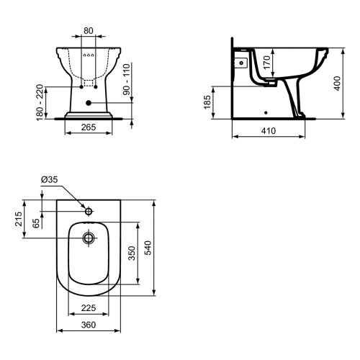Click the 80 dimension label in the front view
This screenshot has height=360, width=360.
tap(88, 31)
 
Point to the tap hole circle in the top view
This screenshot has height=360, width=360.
tap(89, 212)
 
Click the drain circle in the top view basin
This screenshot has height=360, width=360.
tap(89, 237)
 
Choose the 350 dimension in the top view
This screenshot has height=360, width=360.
tap(131, 253)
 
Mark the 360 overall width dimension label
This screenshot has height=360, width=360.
tap(88, 326)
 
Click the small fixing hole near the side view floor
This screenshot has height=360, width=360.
tap(266, 112)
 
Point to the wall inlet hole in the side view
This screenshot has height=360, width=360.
tap(240, 63)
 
